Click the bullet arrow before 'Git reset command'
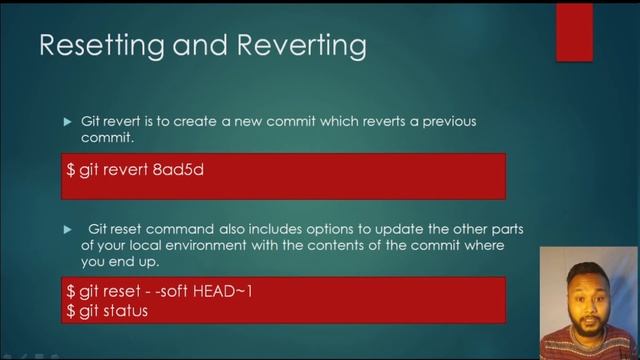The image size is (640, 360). coord(68,230)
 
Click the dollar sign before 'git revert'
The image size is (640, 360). coord(71,170)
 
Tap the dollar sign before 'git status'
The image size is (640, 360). coord(71,311)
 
